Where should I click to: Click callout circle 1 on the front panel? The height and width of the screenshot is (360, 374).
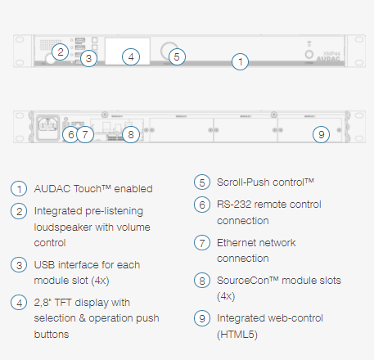(240, 61)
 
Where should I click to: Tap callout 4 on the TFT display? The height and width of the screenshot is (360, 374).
(131, 56)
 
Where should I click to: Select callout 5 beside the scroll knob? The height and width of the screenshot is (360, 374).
(177, 56)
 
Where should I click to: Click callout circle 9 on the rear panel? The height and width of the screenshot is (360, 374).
(321, 134)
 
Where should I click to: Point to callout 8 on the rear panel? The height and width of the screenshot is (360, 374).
(131, 134)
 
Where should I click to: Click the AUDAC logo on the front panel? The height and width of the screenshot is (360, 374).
(328, 59)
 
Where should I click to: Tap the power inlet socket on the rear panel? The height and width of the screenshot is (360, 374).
(47, 127)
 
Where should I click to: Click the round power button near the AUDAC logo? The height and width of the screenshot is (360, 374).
(309, 54)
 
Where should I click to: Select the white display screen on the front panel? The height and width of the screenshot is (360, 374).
(128, 52)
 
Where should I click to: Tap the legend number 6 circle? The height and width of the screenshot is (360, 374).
(202, 205)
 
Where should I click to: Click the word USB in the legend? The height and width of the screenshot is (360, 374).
(44, 265)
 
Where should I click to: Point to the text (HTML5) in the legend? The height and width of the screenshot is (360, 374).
(237, 335)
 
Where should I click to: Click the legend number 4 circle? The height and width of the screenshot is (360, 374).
(19, 303)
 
